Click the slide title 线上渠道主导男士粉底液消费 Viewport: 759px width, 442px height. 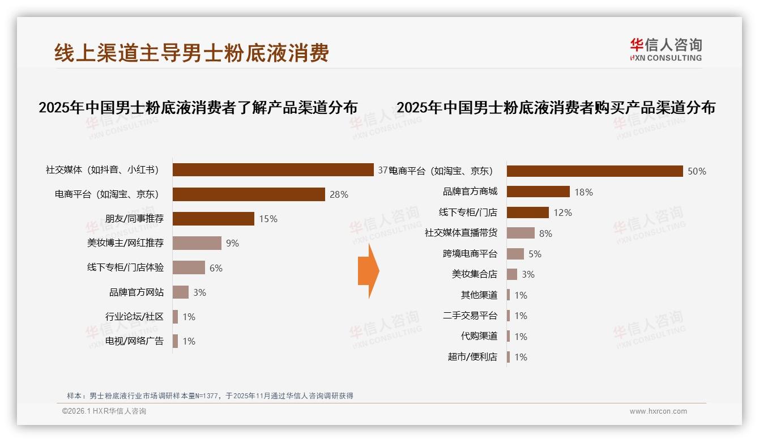pos(191,53)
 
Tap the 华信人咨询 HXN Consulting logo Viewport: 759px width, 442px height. pos(666,50)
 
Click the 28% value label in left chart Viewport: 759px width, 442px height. pos(339,194)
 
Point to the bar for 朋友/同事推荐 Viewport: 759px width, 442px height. pos(214,219)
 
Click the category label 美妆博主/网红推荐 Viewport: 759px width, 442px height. pos(125,243)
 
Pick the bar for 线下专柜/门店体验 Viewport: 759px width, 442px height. pos(189,267)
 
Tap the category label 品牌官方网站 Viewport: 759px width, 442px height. pos(136,292)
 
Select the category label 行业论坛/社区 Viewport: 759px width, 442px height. pos(134,317)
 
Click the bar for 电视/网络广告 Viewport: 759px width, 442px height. pos(175,341)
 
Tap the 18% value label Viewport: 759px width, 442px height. pos(583,192)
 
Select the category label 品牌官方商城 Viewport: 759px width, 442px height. pos(470,192)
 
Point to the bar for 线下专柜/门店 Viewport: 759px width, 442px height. pos(527,212)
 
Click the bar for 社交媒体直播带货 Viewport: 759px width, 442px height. pos(521,233)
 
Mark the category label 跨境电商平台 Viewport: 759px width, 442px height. pos(470,254)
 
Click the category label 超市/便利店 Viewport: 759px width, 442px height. pos(472,357)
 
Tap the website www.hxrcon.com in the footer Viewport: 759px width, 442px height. pos(658,411)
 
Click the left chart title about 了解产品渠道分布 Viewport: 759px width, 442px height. pos(198,107)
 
